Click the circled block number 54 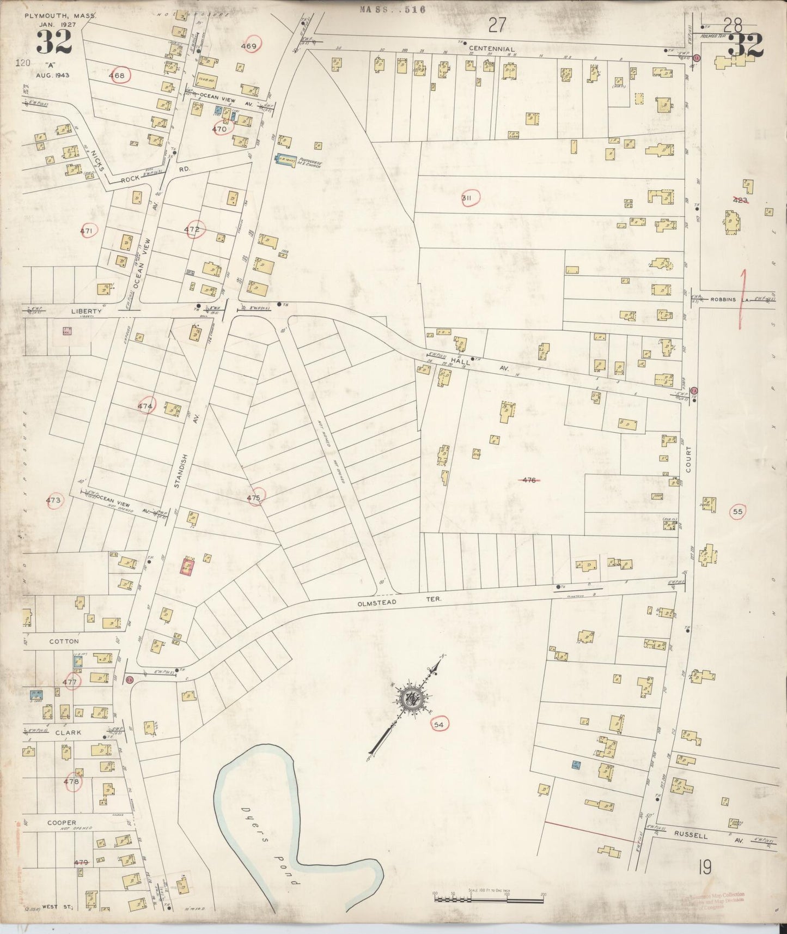(x=439, y=724)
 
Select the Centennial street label (x=492, y=49)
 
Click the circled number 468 (x=118, y=75)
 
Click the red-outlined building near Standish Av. (x=187, y=567)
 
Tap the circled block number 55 (x=738, y=512)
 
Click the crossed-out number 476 (x=529, y=480)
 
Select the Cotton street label (x=64, y=641)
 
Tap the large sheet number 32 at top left (x=54, y=43)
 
